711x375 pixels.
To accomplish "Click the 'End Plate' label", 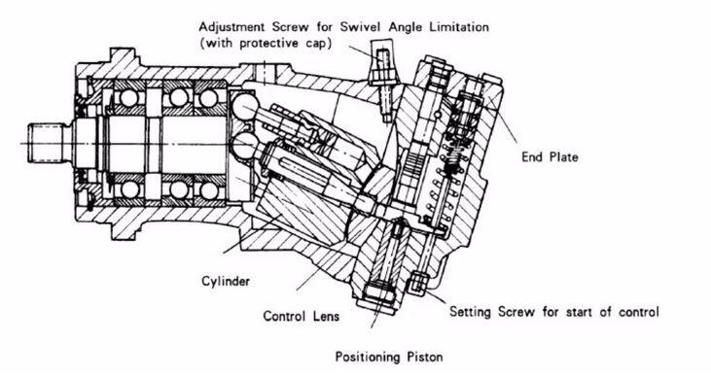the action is pyautogui.click(x=550, y=157).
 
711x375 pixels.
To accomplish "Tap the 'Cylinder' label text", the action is pyautogui.click(x=226, y=282).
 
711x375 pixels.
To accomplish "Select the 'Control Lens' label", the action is pyautogui.click(x=302, y=316).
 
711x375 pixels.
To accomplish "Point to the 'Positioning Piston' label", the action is pyautogui.click(x=389, y=357).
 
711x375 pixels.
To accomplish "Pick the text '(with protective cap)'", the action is pyautogui.click(x=266, y=44).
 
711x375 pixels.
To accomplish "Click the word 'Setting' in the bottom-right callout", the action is pyautogui.click(x=470, y=312).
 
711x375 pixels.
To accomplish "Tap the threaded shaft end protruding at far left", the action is pyautogui.click(x=46, y=143).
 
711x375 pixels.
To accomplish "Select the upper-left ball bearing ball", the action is pyautogui.click(x=128, y=98).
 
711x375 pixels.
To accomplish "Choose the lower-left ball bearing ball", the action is pyautogui.click(x=129, y=189).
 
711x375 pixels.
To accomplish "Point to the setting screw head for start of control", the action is pyautogui.click(x=419, y=283).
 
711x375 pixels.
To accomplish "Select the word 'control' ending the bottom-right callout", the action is pyautogui.click(x=638, y=312).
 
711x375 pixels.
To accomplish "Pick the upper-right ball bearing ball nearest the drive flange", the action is pyautogui.click(x=208, y=98).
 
